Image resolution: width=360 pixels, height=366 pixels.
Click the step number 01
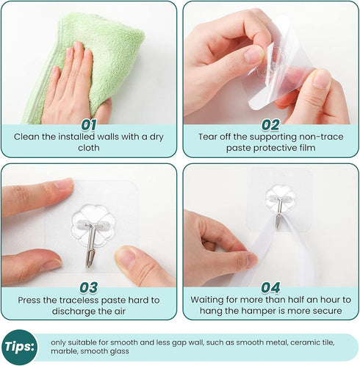tap(89, 125)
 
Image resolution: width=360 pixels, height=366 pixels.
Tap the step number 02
tap(270, 125)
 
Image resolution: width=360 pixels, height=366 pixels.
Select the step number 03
tap(89, 287)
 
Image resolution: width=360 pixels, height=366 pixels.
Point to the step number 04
tap(270, 287)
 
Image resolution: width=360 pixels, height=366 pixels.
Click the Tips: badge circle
tap(20, 347)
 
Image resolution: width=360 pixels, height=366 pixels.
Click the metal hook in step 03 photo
tap(91, 245)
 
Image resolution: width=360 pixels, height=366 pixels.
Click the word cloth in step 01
tap(89, 148)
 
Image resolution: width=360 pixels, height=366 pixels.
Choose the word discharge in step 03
tap(73, 312)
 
